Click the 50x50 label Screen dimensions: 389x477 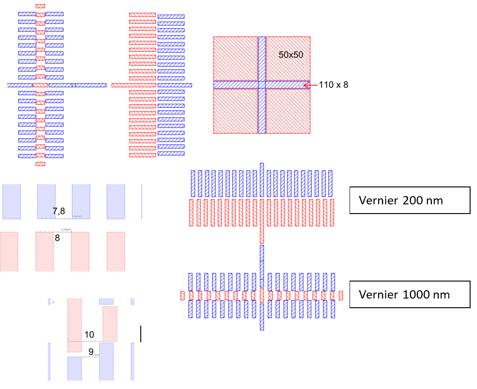pyautogui.click(x=291, y=54)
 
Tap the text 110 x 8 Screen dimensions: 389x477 pyautogui.click(x=333, y=85)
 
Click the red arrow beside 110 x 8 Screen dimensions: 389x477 pyautogui.click(x=311, y=85)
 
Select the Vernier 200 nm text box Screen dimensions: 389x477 pyautogui.click(x=409, y=200)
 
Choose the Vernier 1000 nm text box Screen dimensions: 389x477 pyautogui.click(x=409, y=294)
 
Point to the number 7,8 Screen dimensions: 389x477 pyautogui.click(x=59, y=211)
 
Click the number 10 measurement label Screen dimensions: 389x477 pyautogui.click(x=89, y=335)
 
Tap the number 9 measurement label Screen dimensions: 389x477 pyautogui.click(x=91, y=352)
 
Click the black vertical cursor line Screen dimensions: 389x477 pyautogui.click(x=140, y=334)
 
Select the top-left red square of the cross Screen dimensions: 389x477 pyautogui.click(x=236, y=59)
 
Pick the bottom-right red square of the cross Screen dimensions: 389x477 pyautogui.click(x=288, y=111)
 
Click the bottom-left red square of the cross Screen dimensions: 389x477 pyautogui.click(x=236, y=111)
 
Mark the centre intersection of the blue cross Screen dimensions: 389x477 pyautogui.click(x=262, y=85)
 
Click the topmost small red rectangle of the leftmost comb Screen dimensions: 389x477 pyautogui.click(x=40, y=6)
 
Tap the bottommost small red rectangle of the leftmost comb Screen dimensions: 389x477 pyautogui.click(x=40, y=163)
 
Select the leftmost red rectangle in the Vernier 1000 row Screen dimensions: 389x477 pyautogui.click(x=182, y=295)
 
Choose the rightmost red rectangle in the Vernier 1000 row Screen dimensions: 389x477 pyautogui.click(x=341, y=295)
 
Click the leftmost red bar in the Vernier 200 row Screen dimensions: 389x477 pyautogui.click(x=191, y=213)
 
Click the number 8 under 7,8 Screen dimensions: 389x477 pyautogui.click(x=57, y=238)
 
